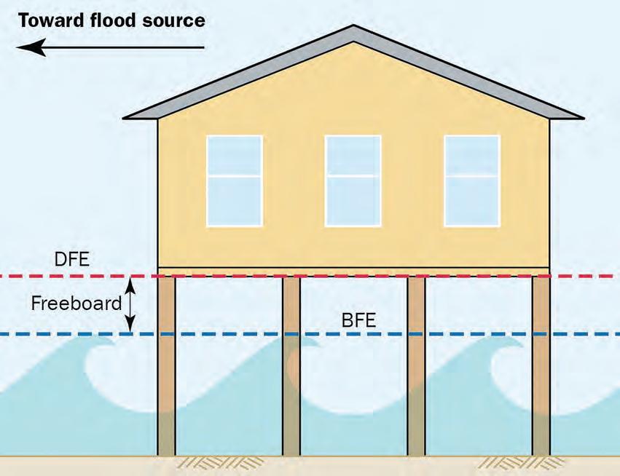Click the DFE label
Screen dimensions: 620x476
click(x=72, y=259)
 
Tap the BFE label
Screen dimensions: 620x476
click(x=358, y=320)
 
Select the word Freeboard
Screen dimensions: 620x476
click(x=76, y=303)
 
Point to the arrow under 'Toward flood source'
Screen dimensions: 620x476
click(x=110, y=48)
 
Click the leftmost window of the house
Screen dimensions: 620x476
click(x=234, y=181)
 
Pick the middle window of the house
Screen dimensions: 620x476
click(x=353, y=181)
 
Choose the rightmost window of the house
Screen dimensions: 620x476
click(x=472, y=181)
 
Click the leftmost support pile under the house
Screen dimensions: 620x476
click(x=167, y=364)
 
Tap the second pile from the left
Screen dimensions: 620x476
click(x=291, y=364)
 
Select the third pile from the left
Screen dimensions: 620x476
click(x=416, y=364)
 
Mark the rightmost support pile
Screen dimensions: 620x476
click(x=541, y=364)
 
